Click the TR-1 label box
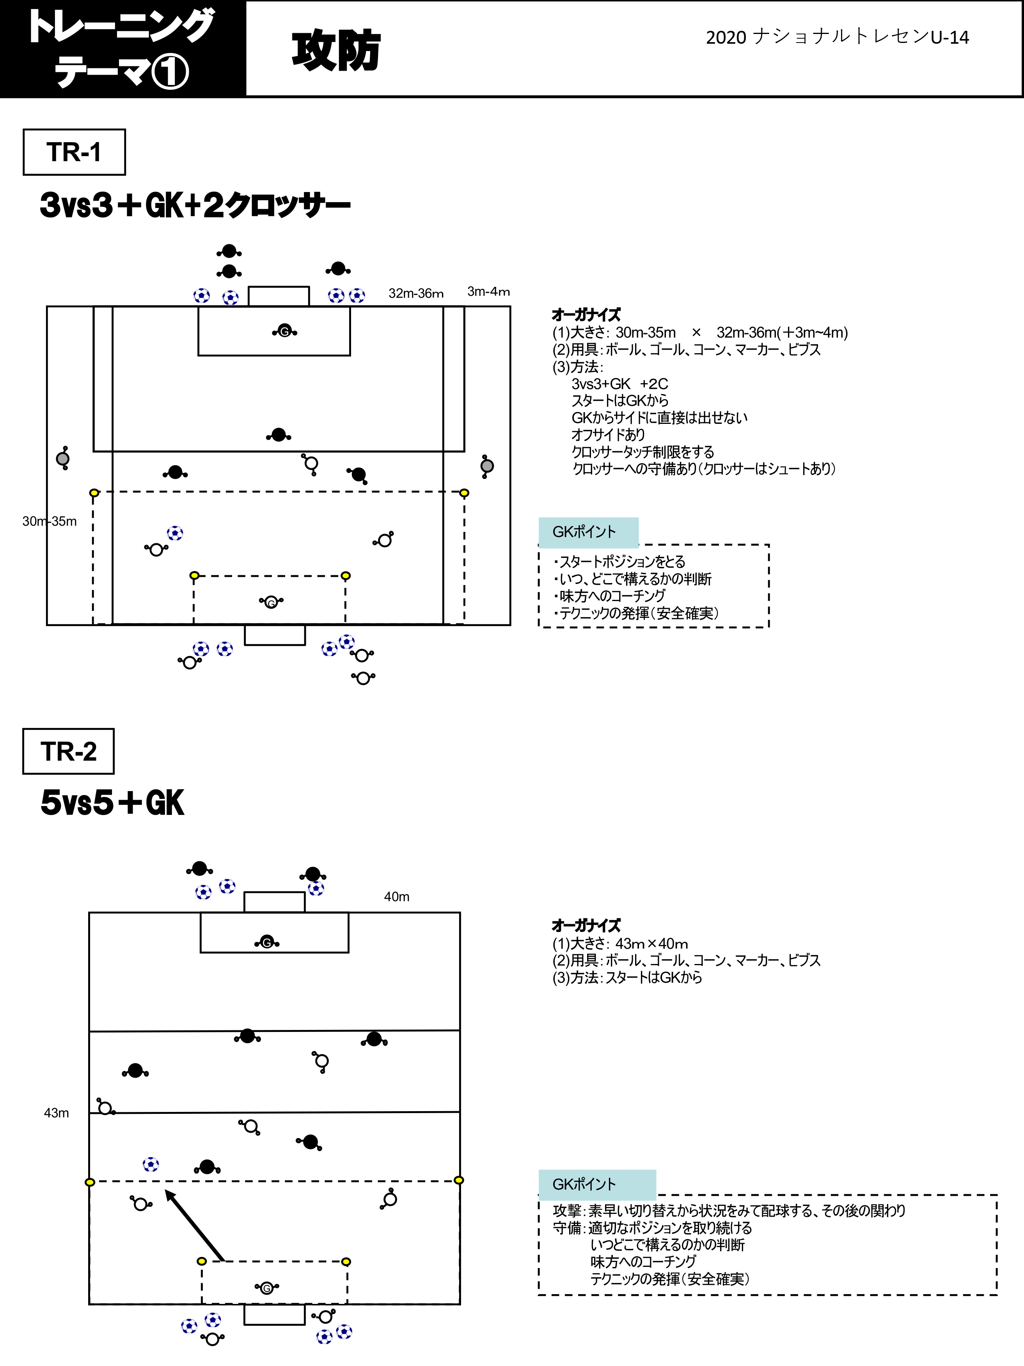(x=74, y=152)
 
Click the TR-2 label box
(x=69, y=751)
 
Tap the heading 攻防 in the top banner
(x=336, y=51)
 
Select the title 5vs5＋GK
(x=112, y=803)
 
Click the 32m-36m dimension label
(x=416, y=293)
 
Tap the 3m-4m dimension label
(x=488, y=292)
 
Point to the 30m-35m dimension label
(x=50, y=521)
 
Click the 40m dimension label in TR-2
(x=396, y=896)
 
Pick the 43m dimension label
(x=56, y=1113)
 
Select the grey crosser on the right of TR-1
(x=487, y=466)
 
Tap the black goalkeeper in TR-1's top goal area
(x=284, y=332)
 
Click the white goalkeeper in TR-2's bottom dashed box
(x=267, y=1288)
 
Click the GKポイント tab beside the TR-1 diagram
(x=588, y=532)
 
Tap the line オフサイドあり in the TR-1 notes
(x=608, y=435)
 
